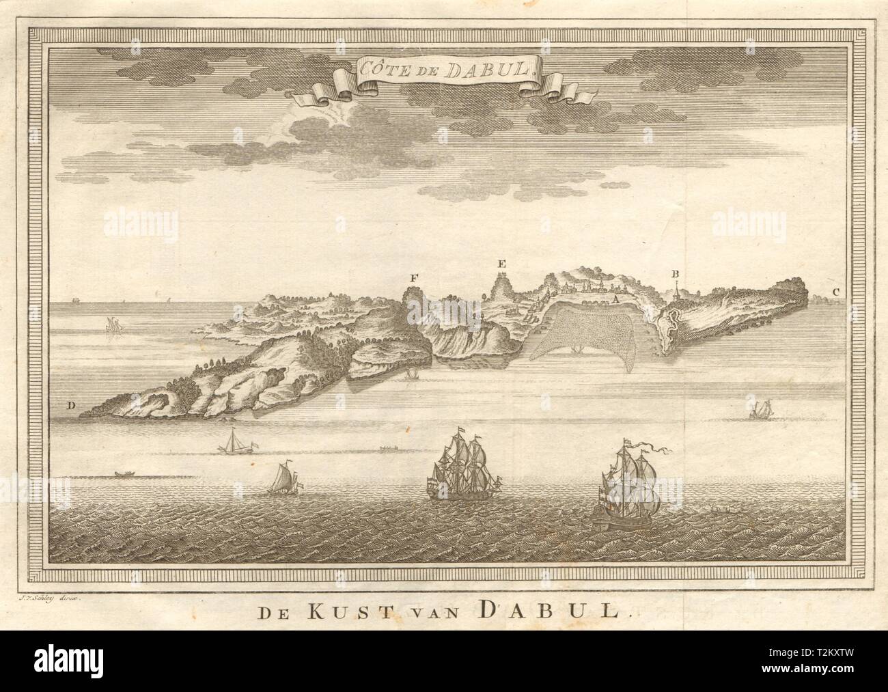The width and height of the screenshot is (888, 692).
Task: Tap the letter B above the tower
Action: click(x=675, y=275)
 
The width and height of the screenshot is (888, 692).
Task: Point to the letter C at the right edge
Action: click(x=836, y=293)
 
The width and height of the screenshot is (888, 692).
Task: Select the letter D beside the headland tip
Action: click(x=70, y=407)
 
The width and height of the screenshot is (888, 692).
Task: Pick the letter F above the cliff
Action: click(x=413, y=277)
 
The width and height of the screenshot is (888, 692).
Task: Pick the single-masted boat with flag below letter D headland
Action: click(x=234, y=441)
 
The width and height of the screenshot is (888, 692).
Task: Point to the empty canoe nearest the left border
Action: click(x=123, y=473)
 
